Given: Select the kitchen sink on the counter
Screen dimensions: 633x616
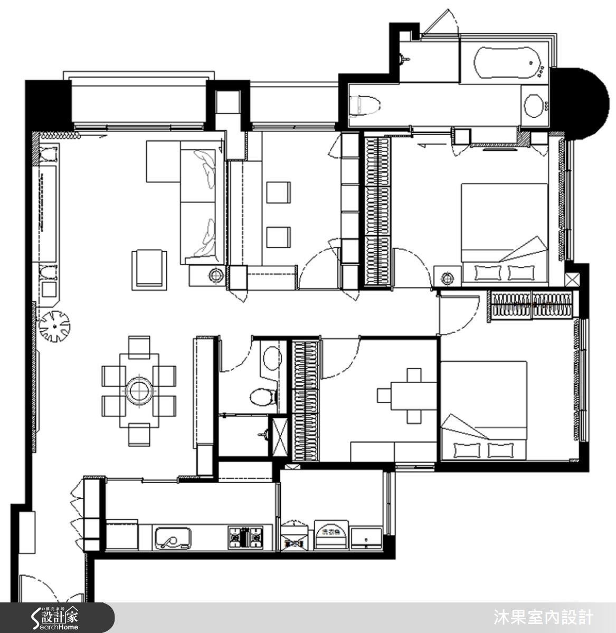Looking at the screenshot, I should [x=172, y=538].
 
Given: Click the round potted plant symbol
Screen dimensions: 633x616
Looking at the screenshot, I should [x=54, y=325].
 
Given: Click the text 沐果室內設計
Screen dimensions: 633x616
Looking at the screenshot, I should [x=543, y=617].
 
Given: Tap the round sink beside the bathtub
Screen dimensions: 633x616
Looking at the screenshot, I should [x=535, y=105].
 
